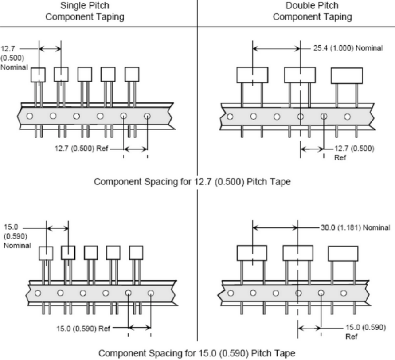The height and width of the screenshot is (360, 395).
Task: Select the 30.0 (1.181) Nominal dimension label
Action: pos(355,227)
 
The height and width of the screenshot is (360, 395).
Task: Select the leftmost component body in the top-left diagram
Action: pos(38,74)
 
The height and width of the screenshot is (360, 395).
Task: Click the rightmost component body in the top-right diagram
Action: pos(346,75)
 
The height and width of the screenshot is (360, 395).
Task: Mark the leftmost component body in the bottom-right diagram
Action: pos(252,253)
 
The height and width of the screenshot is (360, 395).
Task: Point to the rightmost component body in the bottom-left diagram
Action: pos(136,252)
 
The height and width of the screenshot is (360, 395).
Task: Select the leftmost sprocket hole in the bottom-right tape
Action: pos(231,293)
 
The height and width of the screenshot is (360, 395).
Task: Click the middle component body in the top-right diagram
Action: pos(300,75)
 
